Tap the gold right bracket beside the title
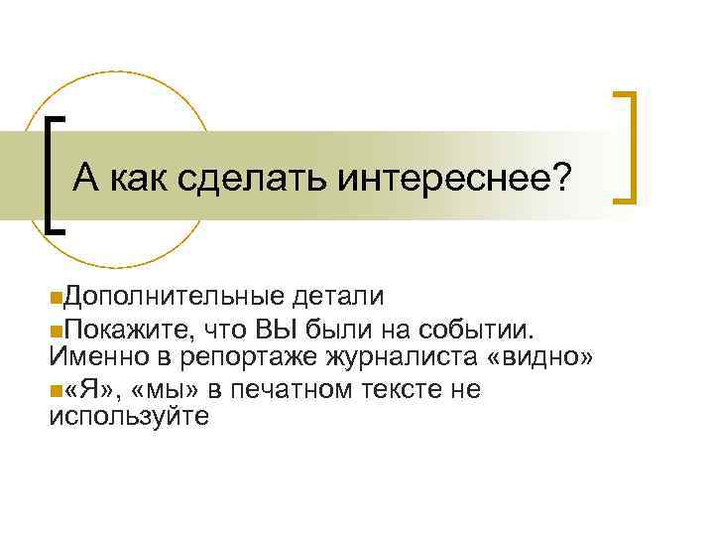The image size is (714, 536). [626, 147]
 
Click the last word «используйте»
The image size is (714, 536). [128, 417]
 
